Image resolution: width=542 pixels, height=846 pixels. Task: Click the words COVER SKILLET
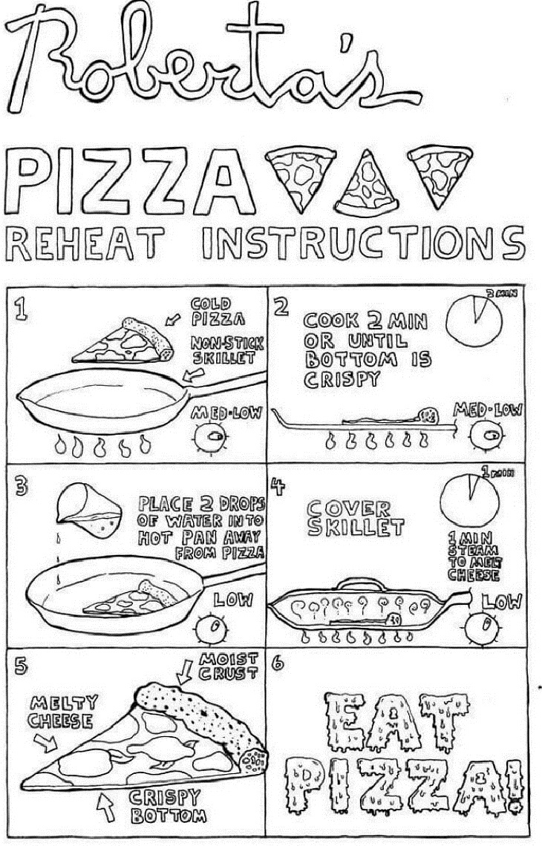(356, 518)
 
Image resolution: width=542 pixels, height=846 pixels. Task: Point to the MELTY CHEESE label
(61, 712)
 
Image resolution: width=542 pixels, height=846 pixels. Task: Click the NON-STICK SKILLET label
(223, 350)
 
